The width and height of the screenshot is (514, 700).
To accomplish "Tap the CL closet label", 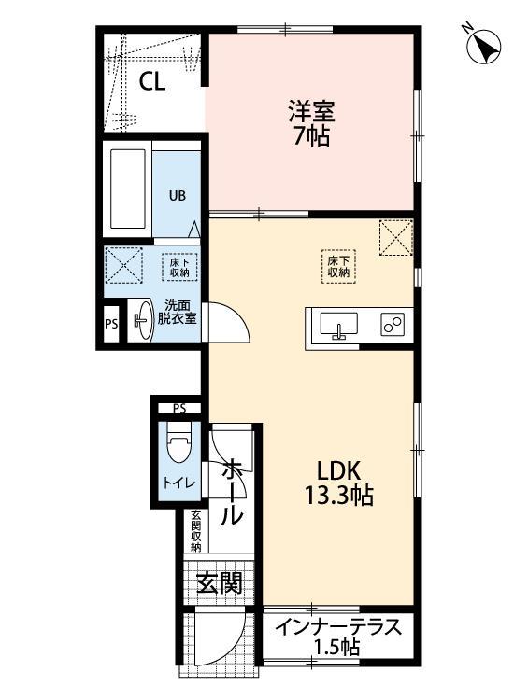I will pyautogui.click(x=152, y=82).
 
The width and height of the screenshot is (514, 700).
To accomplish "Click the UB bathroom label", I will pyautogui.click(x=176, y=196).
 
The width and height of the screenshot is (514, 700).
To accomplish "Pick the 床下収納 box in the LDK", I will pyautogui.click(x=337, y=265).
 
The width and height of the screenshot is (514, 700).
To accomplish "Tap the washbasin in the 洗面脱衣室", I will pyautogui.click(x=141, y=322).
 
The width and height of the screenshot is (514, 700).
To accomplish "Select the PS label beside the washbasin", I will pyautogui.click(x=111, y=326).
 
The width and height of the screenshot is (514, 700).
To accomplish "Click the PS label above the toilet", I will pyautogui.click(x=179, y=409).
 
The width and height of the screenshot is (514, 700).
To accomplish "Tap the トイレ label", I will pyautogui.click(x=178, y=483).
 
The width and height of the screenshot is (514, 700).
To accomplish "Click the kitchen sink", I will pyautogui.click(x=338, y=325).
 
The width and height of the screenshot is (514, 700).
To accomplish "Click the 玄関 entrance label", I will pyautogui.click(x=220, y=584).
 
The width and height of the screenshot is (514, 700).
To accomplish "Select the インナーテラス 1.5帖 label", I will pyautogui.click(x=337, y=636).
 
